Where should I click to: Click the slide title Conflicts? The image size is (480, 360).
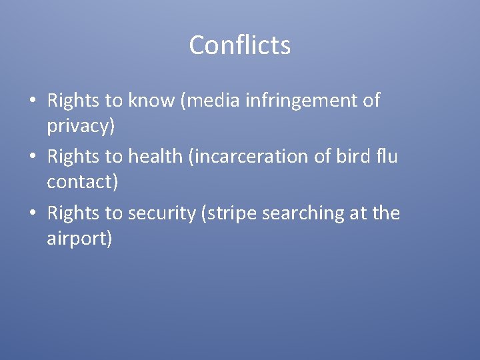(240, 45)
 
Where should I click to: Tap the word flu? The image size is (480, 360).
(387, 157)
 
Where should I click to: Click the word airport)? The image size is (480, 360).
(80, 239)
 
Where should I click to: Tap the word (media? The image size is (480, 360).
(215, 101)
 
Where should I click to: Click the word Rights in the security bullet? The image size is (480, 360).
(74, 213)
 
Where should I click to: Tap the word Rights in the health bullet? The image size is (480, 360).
(74, 157)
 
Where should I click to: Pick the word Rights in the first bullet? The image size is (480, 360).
(74, 101)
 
